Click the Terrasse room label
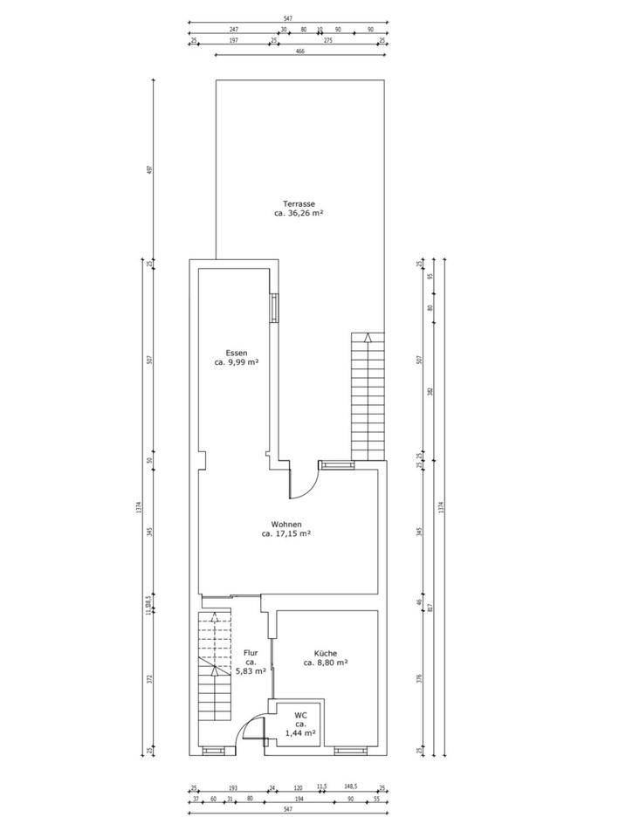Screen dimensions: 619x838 click(x=286, y=203)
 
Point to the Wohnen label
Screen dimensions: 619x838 click(x=286, y=525)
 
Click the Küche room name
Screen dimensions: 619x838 click(x=326, y=653)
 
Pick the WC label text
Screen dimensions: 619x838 click(x=299, y=717)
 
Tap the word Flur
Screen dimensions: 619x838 click(x=251, y=651)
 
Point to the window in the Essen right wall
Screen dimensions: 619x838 click(x=275, y=307)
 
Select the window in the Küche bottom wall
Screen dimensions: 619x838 click(x=350, y=750)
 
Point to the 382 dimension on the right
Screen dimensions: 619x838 click(x=430, y=391)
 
